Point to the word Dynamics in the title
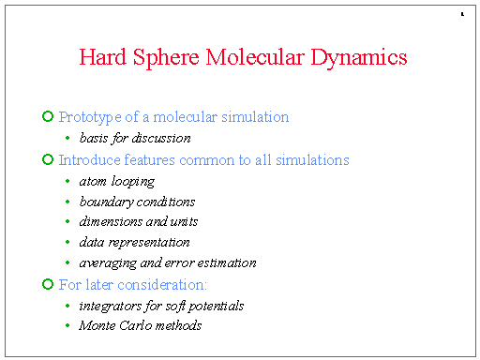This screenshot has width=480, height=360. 359,58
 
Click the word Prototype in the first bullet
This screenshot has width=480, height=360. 89,117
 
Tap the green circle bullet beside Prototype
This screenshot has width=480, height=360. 48,116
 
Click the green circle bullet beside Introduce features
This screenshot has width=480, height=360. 48,159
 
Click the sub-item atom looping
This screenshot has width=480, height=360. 117,182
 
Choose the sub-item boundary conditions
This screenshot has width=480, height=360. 138,202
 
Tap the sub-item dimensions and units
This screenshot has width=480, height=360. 139,222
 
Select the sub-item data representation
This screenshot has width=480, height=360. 135,243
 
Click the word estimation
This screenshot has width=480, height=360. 224,263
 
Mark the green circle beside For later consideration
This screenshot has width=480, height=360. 48,283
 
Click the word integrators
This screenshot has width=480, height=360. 110,306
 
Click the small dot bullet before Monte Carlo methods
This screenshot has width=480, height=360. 67,325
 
